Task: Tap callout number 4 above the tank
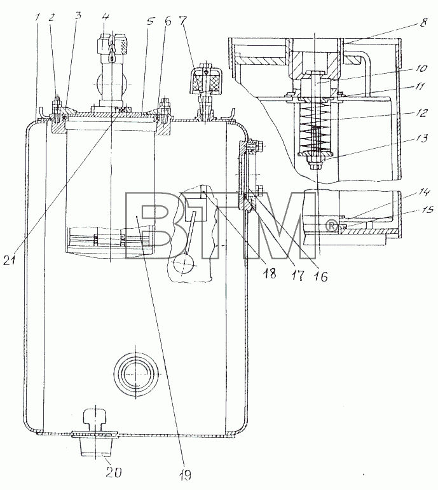click(105, 17)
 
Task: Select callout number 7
click(183, 20)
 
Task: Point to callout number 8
click(423, 22)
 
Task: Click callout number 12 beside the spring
click(421, 112)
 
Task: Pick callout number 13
click(421, 138)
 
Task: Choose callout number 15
click(427, 208)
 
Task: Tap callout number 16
click(321, 276)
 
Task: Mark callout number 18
click(270, 273)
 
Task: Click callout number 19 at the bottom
click(185, 475)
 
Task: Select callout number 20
click(113, 472)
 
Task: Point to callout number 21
click(9, 260)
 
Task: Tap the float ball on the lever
click(184, 264)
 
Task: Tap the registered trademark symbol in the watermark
click(332, 226)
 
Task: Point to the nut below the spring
click(316, 162)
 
